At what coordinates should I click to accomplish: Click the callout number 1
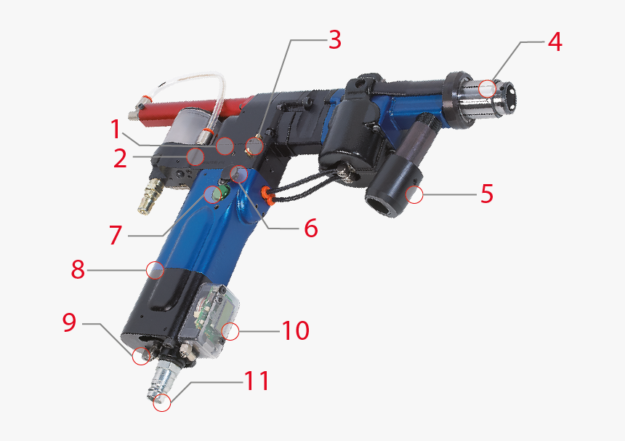pyautogui.click(x=116, y=130)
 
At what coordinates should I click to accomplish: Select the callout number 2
pyautogui.click(x=121, y=158)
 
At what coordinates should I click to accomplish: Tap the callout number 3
pyautogui.click(x=334, y=41)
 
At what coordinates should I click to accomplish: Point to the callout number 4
pyautogui.click(x=555, y=42)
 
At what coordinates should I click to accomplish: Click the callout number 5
pyautogui.click(x=486, y=194)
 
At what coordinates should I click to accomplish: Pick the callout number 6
pyautogui.click(x=310, y=229)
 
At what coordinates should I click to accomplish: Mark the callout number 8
pyautogui.click(x=78, y=270)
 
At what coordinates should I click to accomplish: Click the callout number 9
pyautogui.click(x=69, y=322)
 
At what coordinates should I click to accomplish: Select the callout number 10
pyautogui.click(x=295, y=330)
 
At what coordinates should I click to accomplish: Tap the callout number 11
pyautogui.click(x=255, y=381)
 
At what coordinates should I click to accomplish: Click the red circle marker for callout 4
pyautogui.click(x=488, y=89)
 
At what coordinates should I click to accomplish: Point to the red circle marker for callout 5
pyautogui.click(x=414, y=194)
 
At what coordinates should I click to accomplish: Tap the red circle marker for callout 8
pyautogui.click(x=154, y=270)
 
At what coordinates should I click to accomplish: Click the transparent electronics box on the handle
pyautogui.click(x=212, y=313)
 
